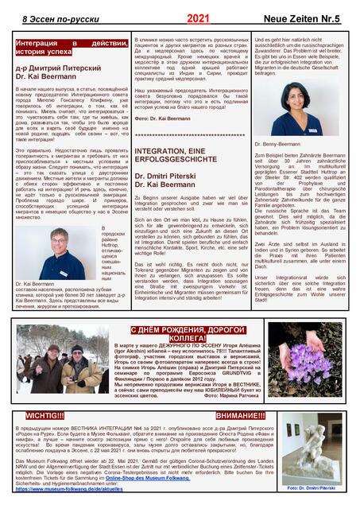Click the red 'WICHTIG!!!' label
[45, 415]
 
